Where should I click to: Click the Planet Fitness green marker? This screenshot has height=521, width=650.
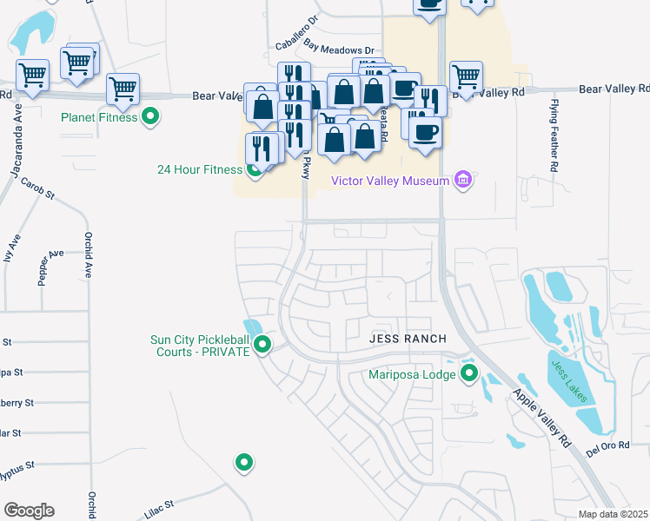(x=151, y=116)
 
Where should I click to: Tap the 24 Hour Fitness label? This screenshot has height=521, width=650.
(x=199, y=169)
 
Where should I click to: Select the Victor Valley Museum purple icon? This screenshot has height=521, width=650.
(x=463, y=181)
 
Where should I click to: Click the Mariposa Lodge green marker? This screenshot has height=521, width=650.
(x=469, y=374)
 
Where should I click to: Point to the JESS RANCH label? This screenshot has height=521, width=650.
(x=408, y=338)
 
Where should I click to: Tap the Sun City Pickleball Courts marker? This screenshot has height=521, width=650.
(x=262, y=346)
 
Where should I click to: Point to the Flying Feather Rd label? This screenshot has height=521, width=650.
(x=553, y=135)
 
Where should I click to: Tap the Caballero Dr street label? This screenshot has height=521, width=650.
(x=297, y=32)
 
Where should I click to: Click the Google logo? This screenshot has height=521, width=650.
(x=29, y=510)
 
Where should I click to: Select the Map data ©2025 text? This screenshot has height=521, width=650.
(x=613, y=514)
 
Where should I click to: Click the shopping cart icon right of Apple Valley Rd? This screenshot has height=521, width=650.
(x=467, y=76)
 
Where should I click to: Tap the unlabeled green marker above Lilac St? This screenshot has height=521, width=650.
(x=244, y=462)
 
